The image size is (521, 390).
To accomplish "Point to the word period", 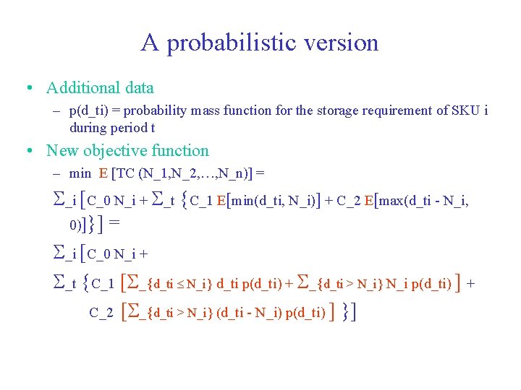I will pos(128,128).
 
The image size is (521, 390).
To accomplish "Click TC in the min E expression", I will pos(141,173).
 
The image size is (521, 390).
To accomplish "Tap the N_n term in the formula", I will pos(237,173).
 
